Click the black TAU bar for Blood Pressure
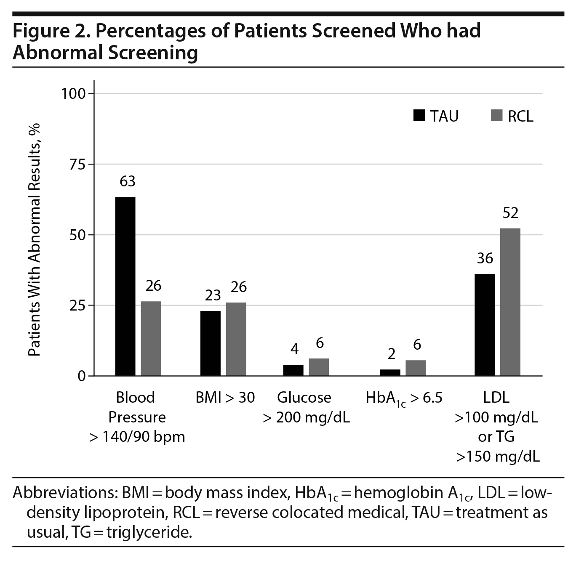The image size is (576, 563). (x=125, y=286)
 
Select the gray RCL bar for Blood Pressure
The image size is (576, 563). (x=151, y=338)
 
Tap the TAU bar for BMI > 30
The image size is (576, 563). (x=211, y=343)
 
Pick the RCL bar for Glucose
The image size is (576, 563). (x=319, y=367)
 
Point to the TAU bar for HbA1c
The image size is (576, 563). (x=390, y=372)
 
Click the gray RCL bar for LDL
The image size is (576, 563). (x=510, y=302)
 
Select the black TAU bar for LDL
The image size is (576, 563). (x=485, y=324)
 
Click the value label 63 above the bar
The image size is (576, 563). (x=128, y=181)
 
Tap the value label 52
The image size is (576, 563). (x=510, y=213)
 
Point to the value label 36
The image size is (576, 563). (x=485, y=258)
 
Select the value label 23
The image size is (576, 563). (x=213, y=295)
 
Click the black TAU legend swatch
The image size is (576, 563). (x=419, y=116)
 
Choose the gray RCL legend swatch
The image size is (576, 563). (x=497, y=116)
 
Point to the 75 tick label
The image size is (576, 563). (x=77, y=164)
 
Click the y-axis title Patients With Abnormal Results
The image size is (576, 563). (x=35, y=240)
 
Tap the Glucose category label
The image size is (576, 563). (x=304, y=398)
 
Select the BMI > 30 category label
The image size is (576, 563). (x=225, y=398)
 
